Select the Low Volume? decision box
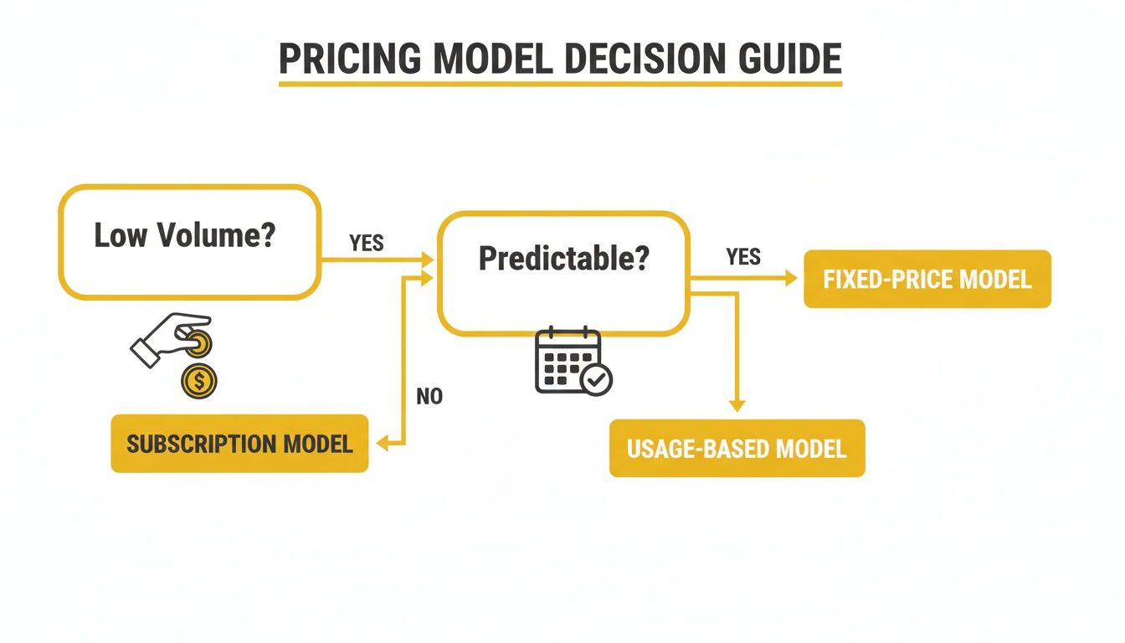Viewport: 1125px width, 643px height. click(x=189, y=242)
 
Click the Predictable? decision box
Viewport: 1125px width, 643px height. click(x=563, y=272)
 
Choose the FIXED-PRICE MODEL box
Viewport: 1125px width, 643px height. click(x=927, y=279)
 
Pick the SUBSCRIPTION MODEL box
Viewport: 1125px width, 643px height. click(x=239, y=443)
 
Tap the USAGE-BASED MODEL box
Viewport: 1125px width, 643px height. click(x=737, y=448)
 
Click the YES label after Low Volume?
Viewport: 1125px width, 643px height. click(x=366, y=243)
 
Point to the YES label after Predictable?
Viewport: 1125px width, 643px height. click(x=742, y=257)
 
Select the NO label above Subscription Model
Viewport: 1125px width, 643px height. click(x=429, y=396)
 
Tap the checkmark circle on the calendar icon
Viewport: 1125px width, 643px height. click(x=598, y=380)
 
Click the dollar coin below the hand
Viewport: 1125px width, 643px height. click(x=199, y=382)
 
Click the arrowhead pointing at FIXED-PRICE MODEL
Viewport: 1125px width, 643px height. click(x=791, y=279)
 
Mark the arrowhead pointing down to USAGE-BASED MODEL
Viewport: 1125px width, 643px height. click(x=737, y=405)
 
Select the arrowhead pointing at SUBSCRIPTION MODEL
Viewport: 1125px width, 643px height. click(x=383, y=444)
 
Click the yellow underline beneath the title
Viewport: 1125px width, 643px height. click(x=559, y=84)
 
